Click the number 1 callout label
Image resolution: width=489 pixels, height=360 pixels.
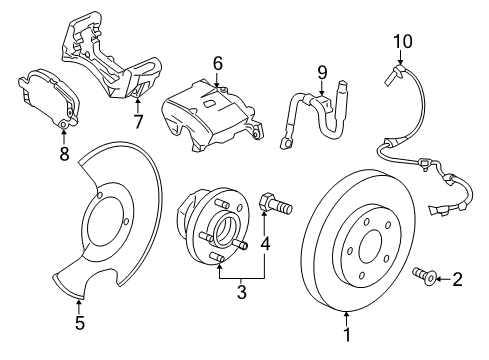[x=347, y=338]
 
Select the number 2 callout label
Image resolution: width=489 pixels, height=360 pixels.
[x=458, y=281]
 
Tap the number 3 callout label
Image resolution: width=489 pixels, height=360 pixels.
[x=241, y=294]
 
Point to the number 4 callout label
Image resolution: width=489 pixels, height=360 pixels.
[x=265, y=243]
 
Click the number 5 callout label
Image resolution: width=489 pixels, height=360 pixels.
[x=79, y=322]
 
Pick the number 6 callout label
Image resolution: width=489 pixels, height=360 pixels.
[x=216, y=64]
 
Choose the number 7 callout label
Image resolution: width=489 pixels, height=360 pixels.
[x=139, y=123]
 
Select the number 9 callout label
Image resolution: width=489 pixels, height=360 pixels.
[x=322, y=71]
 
